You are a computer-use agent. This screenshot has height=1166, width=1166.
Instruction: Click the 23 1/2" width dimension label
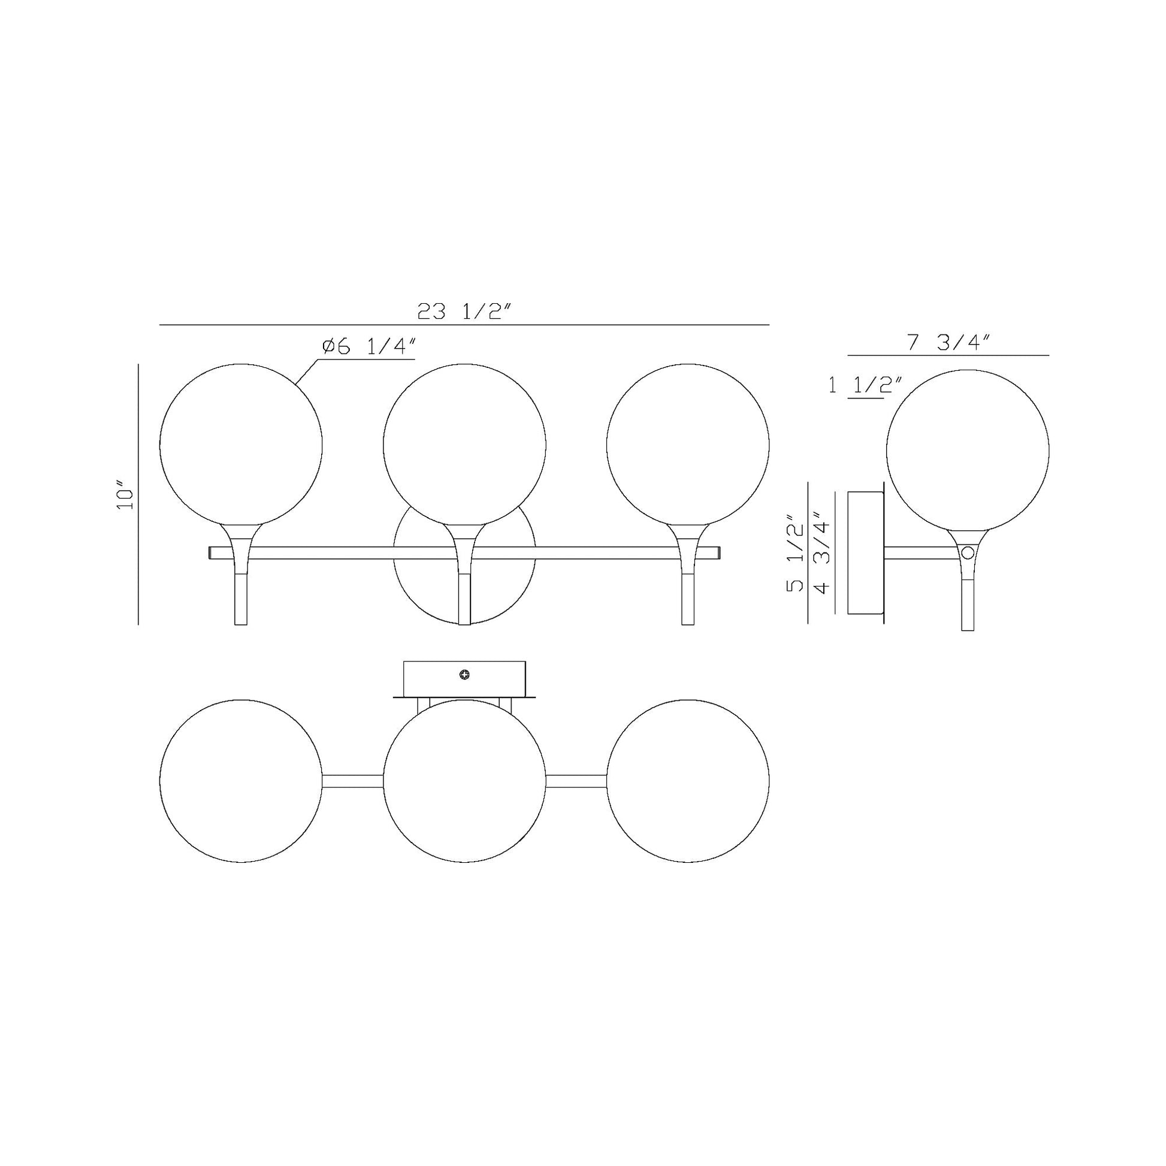(x=464, y=312)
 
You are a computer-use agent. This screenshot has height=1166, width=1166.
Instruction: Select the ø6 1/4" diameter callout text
(x=369, y=347)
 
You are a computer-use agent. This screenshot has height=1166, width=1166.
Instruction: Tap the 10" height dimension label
(x=125, y=495)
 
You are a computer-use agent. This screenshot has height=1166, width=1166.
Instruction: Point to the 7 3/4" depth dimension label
(x=948, y=342)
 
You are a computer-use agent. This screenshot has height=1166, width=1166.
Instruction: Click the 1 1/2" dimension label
(x=865, y=385)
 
